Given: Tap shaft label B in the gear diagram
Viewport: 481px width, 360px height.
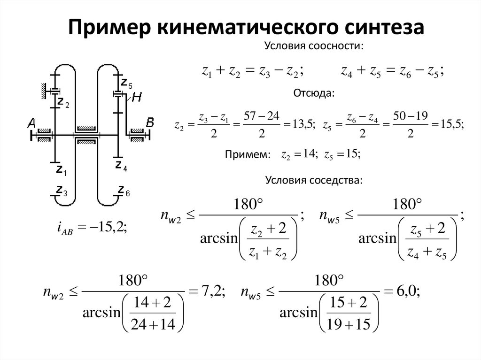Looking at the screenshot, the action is (x=150, y=123).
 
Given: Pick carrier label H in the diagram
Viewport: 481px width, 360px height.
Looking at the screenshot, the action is (x=137, y=98).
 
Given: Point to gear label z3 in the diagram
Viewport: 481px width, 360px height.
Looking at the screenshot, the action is (x=61, y=191).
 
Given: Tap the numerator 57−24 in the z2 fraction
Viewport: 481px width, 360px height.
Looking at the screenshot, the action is (x=260, y=116).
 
